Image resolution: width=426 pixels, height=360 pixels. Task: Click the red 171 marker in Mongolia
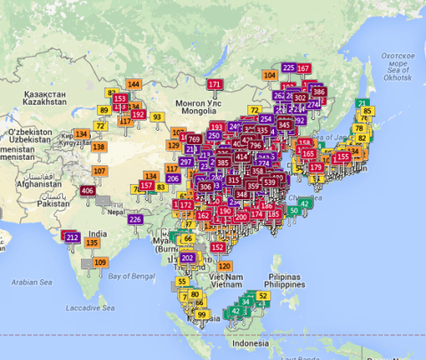[214, 84]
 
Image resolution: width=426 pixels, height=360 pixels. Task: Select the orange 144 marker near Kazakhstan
[133, 84]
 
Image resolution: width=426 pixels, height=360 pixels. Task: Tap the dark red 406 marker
[87, 191]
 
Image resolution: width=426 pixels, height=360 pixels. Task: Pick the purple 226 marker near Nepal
[135, 219]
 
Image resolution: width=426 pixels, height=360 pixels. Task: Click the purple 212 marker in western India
[73, 236]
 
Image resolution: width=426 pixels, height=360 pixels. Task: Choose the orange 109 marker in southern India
[100, 262]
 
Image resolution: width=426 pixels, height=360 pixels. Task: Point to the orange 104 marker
[269, 76]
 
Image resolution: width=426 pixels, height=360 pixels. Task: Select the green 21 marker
[363, 103]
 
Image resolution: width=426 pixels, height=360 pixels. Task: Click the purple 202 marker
[187, 258]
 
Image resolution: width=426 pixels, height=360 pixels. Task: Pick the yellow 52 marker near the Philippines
[262, 295]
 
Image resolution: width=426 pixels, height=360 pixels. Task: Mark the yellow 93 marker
[157, 116]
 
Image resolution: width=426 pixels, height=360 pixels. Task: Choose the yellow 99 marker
[202, 315]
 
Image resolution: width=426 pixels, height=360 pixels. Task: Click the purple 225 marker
[288, 68]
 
